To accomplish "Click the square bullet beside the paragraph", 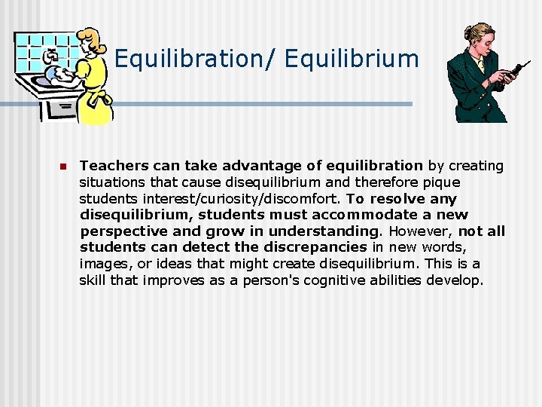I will coord(64,167).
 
